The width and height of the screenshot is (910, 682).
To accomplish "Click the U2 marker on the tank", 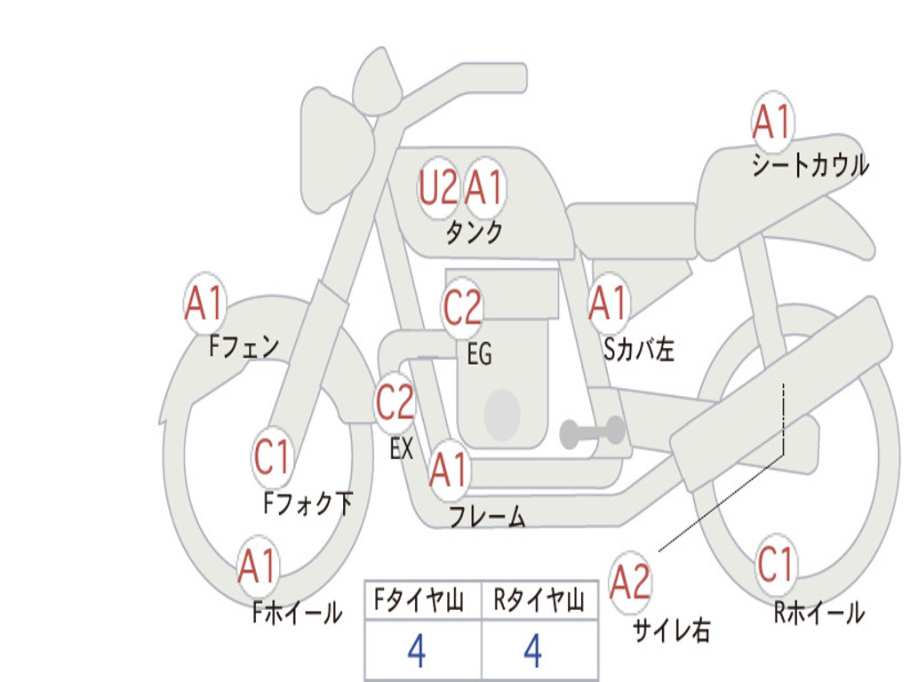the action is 438,187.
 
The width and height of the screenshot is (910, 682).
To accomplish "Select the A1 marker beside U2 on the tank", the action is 484,187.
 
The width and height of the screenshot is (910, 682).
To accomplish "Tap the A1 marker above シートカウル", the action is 772,122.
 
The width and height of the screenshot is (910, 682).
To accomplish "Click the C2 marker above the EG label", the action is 462,306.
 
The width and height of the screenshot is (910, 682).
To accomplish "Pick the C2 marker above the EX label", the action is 395,402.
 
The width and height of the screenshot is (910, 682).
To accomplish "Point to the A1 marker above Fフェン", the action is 204,302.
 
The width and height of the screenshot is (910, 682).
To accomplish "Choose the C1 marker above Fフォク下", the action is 272,456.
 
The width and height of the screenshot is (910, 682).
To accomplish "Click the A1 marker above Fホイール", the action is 258,566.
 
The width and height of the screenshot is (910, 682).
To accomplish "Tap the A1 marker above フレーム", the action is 449,469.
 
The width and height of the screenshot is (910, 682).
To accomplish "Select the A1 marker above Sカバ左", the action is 608,303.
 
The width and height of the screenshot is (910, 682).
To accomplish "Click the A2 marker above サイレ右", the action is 630,582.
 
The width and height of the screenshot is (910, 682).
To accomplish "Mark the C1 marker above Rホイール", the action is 775,564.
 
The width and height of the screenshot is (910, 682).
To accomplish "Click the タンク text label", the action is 475,232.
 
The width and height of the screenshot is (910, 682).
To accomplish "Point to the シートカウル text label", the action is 810,164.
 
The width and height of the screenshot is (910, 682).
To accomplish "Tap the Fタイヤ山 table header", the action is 419,600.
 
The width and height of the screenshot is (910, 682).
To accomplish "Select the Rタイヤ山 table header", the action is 539,600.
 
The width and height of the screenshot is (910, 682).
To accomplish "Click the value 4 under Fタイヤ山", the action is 417,651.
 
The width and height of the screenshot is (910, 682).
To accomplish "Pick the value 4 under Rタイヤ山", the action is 533,651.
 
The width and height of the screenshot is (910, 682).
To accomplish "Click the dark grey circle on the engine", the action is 502,415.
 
